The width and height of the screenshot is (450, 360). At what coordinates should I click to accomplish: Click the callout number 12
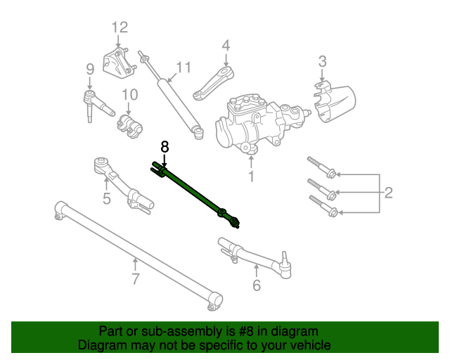click(120, 27)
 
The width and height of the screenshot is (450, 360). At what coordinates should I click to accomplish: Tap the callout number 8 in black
click(165, 146)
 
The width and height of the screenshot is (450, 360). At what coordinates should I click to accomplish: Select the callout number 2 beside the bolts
click(387, 191)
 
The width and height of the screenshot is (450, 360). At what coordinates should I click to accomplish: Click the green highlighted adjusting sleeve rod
click(193, 191)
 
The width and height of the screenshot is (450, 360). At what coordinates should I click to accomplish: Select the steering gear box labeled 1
click(255, 122)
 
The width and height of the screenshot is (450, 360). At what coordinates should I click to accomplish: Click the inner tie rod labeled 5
click(123, 182)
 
